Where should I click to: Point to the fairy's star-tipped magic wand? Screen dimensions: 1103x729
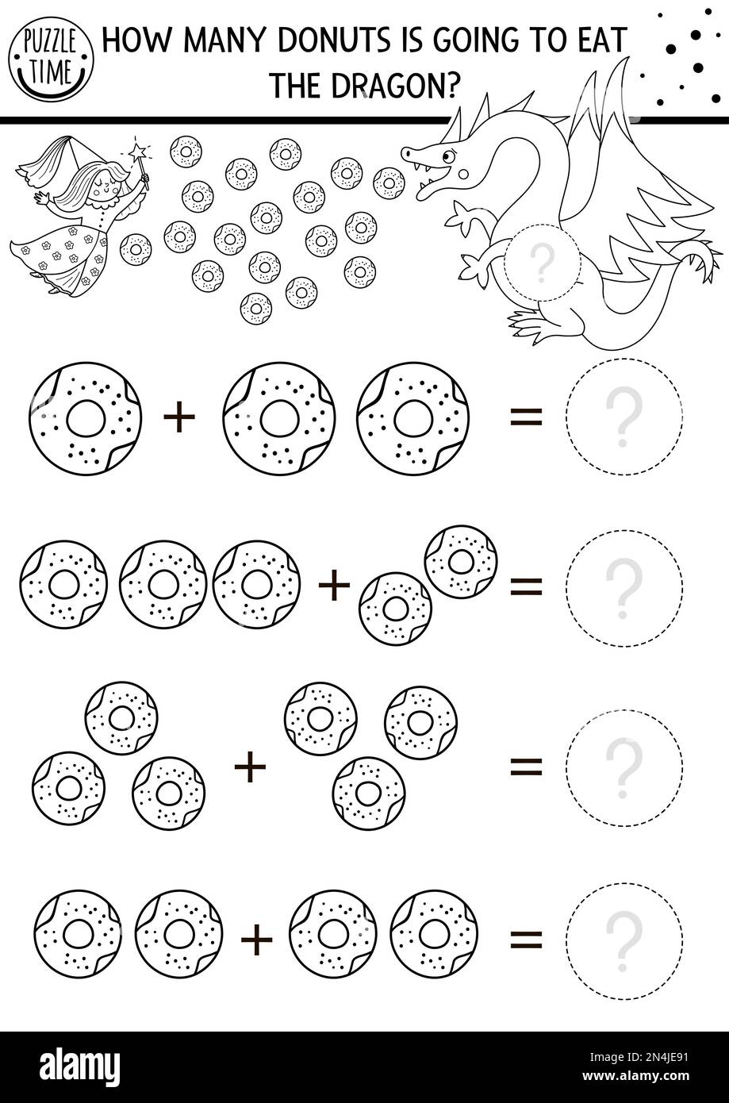click(142, 162)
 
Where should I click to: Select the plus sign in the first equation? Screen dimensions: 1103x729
click(179, 418)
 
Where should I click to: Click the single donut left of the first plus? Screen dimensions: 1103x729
click(85, 418)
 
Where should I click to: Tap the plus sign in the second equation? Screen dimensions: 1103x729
click(334, 586)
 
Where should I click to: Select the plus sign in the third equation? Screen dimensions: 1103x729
click(250, 767)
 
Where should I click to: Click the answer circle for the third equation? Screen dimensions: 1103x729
click(623, 767)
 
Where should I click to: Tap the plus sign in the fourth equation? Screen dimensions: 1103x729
click(256, 941)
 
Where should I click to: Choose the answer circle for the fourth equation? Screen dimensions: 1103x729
click(623, 940)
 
